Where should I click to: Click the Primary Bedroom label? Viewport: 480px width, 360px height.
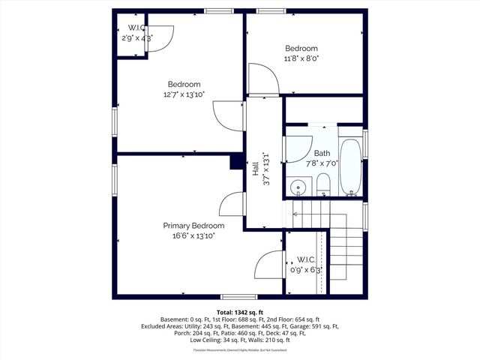(x=193, y=226)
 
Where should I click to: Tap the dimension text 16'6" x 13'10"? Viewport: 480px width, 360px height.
(x=193, y=235)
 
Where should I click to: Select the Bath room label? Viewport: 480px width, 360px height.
(x=322, y=153)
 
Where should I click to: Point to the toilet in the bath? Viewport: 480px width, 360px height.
(x=322, y=184)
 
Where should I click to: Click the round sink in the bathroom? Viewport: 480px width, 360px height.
(x=298, y=187)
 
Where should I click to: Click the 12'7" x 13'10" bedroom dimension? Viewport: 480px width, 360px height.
(x=184, y=94)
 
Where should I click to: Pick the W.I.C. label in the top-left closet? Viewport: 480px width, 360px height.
(x=136, y=28)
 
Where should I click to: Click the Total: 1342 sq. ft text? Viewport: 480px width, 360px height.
(x=240, y=311)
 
